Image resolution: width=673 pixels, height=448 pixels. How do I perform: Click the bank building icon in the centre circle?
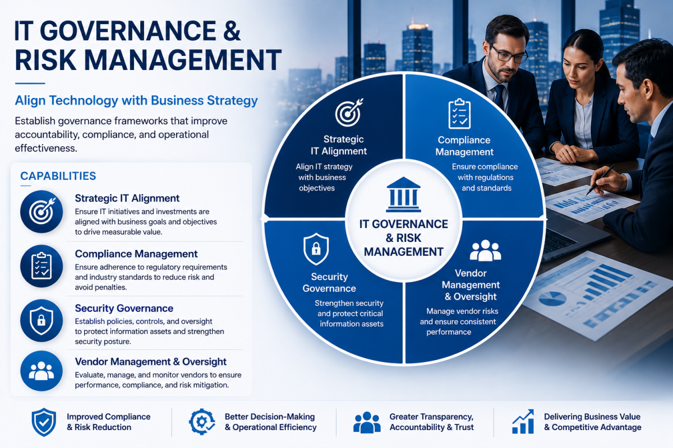403,194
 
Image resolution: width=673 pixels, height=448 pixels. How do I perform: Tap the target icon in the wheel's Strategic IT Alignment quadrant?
349,113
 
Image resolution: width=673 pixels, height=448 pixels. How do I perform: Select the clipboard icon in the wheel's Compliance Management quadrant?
459,114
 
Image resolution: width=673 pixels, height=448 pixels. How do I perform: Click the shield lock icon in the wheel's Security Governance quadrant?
316,249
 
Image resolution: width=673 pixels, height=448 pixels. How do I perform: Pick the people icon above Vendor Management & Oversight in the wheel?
485,250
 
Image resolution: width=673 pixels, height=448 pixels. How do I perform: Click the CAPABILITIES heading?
58,176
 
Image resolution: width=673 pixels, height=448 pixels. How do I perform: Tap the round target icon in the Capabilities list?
42,212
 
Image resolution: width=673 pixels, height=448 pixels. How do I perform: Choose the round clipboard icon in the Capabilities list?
42,266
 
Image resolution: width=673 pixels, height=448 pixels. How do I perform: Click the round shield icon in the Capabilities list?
42,320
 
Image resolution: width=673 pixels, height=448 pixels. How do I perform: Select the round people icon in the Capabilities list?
42,371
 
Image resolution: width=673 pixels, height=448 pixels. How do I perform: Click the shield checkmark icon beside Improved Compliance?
44,422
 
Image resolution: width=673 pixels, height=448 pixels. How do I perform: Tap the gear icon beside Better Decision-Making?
202,422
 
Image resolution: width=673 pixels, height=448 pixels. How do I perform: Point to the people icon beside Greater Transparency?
367,422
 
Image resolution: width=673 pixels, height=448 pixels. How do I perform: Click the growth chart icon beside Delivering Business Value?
523,422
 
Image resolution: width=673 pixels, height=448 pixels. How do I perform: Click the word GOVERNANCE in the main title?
128,31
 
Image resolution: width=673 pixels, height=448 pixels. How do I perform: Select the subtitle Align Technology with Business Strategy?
136,101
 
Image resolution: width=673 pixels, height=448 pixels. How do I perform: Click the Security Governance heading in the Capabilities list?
124,308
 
